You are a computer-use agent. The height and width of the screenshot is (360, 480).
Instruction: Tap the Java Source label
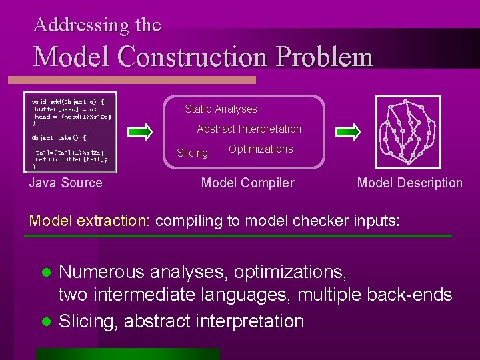(x=66, y=183)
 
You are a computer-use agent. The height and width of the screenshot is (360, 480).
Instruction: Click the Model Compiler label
(x=247, y=183)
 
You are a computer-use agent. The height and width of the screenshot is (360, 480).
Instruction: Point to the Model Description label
(x=409, y=183)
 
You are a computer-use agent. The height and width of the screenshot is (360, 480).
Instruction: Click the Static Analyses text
(x=221, y=109)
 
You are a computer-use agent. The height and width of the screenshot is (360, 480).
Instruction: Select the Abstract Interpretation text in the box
(x=249, y=129)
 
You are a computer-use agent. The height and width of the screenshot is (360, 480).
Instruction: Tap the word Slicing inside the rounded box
(x=192, y=153)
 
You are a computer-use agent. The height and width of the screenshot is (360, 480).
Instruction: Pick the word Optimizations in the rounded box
(x=261, y=149)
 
